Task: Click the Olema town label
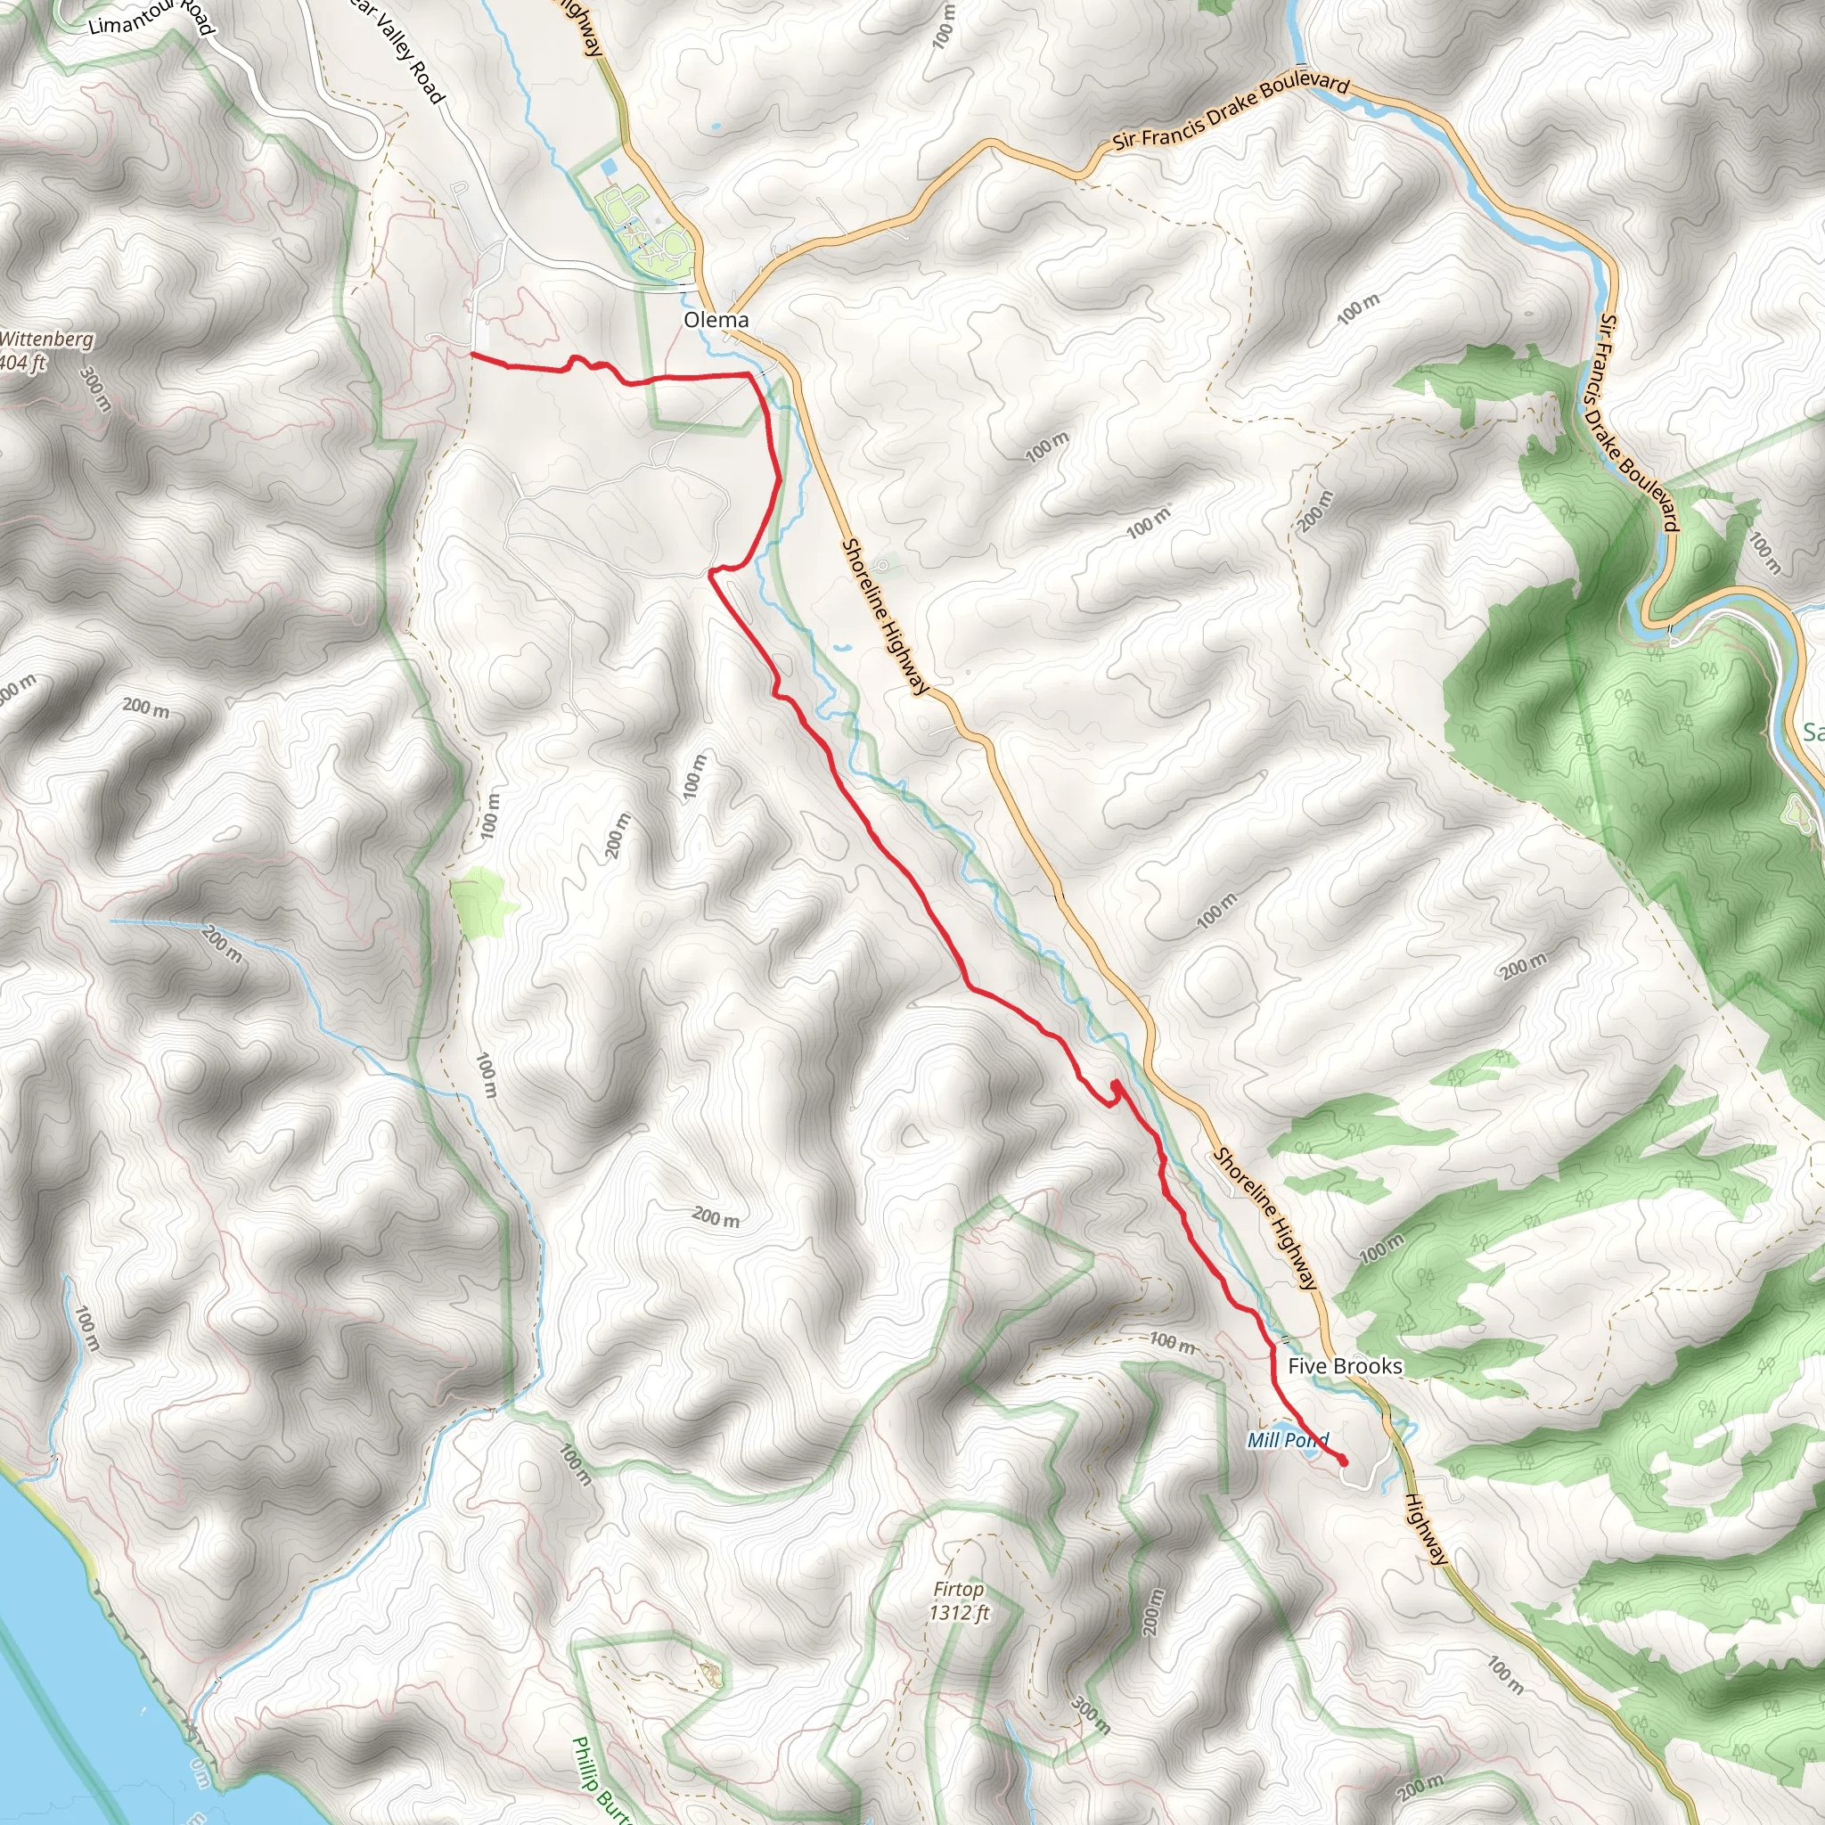[716, 320]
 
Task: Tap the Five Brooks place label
[1344, 1366]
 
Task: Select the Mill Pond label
[1287, 1440]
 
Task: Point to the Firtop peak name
[958, 1590]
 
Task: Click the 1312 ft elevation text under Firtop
[958, 1612]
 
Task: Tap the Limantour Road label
[151, 18]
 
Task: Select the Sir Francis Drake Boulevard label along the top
[1231, 111]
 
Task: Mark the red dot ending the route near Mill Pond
[1342, 1462]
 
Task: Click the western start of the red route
[471, 355]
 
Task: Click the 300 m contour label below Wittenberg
[95, 389]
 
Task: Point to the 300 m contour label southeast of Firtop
[1090, 1715]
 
